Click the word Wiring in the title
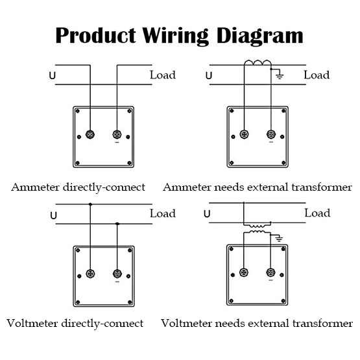(x=175, y=36)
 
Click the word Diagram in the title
(x=260, y=36)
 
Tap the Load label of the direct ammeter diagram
(x=163, y=75)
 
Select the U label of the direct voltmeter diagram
(x=53, y=215)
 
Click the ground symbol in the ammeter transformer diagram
(x=279, y=74)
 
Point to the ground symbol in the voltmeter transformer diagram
(x=279, y=238)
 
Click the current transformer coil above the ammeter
(x=258, y=63)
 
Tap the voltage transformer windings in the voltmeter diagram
(x=257, y=229)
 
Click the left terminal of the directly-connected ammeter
(x=90, y=134)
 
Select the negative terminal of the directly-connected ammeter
(x=117, y=134)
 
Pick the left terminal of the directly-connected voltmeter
(x=90, y=274)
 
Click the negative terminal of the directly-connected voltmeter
(x=117, y=274)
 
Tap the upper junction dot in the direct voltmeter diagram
(x=90, y=204)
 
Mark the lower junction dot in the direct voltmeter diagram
(x=117, y=224)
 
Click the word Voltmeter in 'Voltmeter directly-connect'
(x=32, y=323)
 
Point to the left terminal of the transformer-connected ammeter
(x=244, y=134)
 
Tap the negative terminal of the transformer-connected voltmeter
(x=270, y=272)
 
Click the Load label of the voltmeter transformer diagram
(x=317, y=213)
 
